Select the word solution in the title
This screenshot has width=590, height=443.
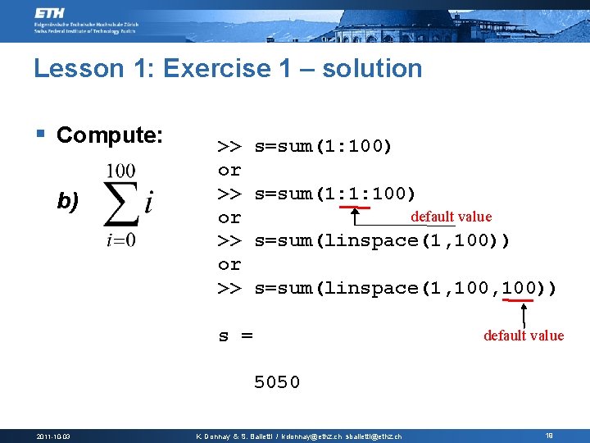pos(372,68)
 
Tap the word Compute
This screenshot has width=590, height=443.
pos(110,135)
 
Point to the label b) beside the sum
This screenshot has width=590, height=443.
pos(67,201)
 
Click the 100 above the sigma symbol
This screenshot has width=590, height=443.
pos(120,171)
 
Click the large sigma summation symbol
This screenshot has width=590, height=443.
pos(122,205)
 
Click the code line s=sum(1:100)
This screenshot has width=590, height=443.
pos(323,147)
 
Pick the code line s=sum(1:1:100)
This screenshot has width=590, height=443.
pos(335,194)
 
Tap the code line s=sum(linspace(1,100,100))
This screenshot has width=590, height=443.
pos(406,288)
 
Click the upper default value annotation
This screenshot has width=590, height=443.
pos(451,217)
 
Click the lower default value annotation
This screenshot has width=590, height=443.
pos(524,335)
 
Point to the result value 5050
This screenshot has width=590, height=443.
pos(277,382)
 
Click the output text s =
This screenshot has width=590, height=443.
pos(235,336)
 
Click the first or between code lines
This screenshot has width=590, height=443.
pos(229,171)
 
